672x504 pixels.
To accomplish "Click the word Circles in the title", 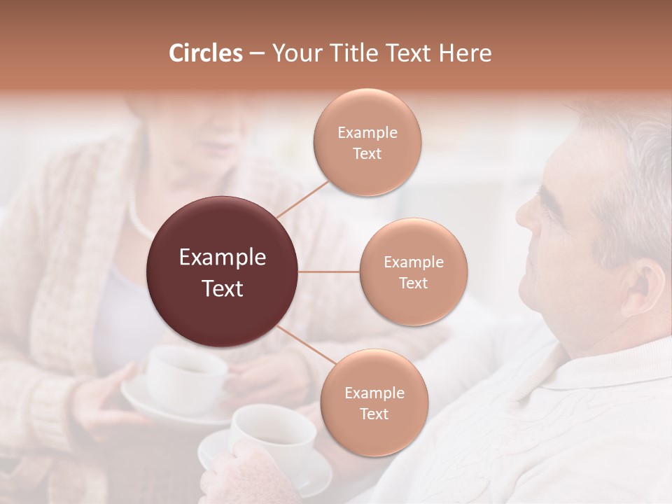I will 205,53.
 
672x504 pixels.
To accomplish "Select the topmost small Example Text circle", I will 367,143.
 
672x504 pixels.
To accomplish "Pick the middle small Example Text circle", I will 413,272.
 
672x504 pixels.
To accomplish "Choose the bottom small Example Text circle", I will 374,403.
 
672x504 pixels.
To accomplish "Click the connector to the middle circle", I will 329,272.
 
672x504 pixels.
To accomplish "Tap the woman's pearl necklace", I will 140,220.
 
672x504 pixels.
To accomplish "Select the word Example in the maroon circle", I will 222,258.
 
